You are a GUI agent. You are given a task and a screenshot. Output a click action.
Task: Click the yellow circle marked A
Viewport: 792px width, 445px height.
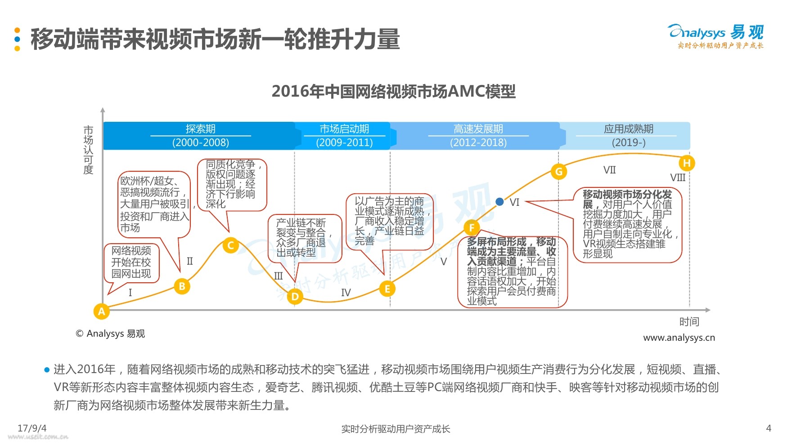coord(102,311)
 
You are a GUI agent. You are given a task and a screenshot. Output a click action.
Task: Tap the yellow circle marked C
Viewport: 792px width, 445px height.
coord(231,245)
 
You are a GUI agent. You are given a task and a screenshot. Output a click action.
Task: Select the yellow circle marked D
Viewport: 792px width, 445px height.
coord(295,296)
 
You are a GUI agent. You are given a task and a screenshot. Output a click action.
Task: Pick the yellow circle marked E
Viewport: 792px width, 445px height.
coord(387,289)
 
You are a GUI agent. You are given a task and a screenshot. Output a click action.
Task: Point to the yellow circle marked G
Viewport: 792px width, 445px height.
coord(559,171)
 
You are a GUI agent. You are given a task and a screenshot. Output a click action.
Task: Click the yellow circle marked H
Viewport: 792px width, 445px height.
coord(687,163)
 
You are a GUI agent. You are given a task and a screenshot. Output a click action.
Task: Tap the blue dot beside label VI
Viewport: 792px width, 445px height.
coord(499,202)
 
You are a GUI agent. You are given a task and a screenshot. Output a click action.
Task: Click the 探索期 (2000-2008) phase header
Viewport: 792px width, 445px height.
coord(200,136)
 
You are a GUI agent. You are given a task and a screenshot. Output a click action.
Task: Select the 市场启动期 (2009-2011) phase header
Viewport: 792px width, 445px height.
coord(344,136)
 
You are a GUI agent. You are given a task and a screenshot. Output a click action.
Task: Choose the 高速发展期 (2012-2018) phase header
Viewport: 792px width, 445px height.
coord(478,136)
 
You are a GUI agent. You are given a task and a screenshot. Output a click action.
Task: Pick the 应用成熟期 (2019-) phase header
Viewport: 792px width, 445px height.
coord(628,136)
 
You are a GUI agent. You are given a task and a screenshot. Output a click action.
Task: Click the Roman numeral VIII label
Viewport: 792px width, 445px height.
coord(678,178)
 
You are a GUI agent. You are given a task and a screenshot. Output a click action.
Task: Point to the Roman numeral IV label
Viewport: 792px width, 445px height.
coord(346,293)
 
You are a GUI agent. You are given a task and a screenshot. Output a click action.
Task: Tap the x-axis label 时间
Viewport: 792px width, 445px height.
coord(689,322)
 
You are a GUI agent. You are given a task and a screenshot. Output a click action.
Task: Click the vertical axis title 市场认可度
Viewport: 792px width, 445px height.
coord(88,150)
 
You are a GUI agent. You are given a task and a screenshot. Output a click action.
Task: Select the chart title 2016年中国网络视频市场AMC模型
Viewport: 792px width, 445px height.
coord(393,91)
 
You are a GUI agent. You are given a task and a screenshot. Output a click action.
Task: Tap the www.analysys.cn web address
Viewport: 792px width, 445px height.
coord(679,338)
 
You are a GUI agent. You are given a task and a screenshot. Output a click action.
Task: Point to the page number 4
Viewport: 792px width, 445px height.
coord(769,428)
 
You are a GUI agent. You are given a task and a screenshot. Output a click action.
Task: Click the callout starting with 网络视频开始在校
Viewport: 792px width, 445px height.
coord(131,262)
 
